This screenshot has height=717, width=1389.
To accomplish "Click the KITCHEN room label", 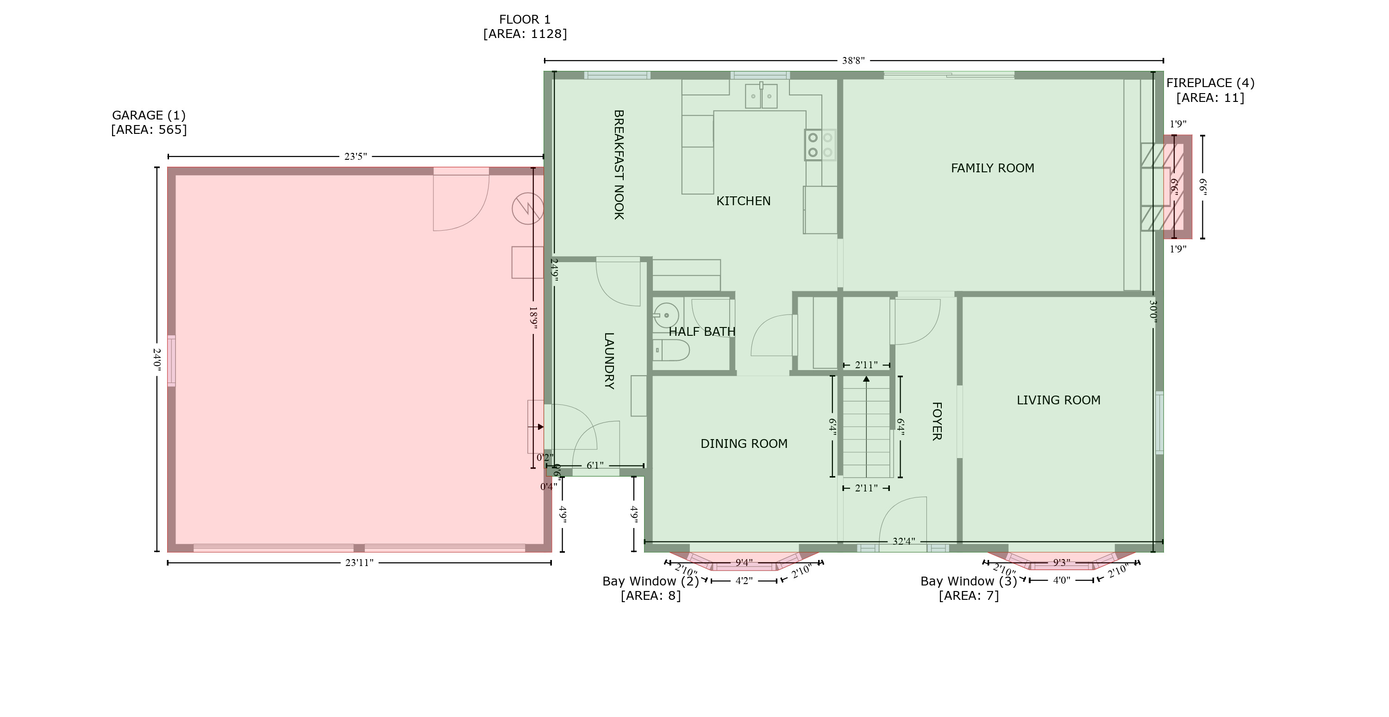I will [743, 201].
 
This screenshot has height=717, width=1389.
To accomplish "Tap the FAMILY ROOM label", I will [992, 168].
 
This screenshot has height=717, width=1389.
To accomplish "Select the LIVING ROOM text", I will [1058, 400].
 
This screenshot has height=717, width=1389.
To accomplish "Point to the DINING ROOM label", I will [744, 444].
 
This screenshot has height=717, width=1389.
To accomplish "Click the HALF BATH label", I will [701, 332].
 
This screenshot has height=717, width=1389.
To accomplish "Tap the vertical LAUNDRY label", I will [609, 360].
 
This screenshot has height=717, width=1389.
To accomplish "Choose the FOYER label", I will [937, 421].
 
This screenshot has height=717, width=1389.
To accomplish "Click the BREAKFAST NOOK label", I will [619, 164].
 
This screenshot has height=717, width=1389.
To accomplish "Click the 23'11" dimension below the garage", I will [359, 563].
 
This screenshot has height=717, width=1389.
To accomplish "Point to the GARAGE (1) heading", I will [148, 115].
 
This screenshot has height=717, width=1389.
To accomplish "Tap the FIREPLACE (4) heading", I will [1210, 83].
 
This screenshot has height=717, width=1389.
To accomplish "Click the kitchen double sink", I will [761, 96].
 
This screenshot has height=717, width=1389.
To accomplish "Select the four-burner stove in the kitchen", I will [820, 145].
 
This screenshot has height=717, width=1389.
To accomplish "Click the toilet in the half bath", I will [672, 350].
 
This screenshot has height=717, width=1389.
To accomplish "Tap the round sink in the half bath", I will [666, 315].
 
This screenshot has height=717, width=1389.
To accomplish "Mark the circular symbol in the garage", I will [527, 209].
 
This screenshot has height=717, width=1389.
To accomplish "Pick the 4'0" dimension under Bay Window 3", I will [1061, 580].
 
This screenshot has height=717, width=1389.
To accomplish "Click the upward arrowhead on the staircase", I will [866, 379].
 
